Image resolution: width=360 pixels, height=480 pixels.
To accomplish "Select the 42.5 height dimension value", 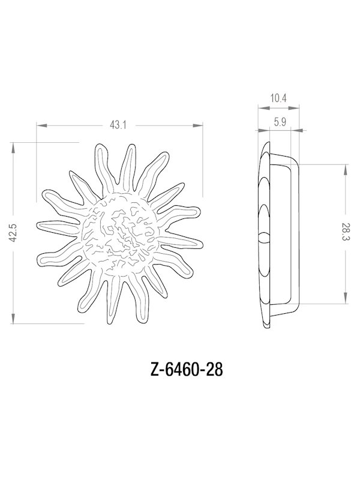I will pyautogui.click(x=13, y=232).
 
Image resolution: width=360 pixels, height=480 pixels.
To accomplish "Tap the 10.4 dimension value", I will pyautogui.click(x=278, y=97).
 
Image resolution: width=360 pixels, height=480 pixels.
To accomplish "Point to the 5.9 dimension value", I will pyautogui.click(x=279, y=122).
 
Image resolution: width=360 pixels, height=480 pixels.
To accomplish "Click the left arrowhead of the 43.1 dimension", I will pyautogui.click(x=40, y=125).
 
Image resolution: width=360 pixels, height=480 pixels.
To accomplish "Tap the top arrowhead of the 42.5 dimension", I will pyautogui.click(x=13, y=145).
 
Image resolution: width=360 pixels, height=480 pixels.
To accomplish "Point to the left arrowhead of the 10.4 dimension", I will pyautogui.click(x=259, y=109).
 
